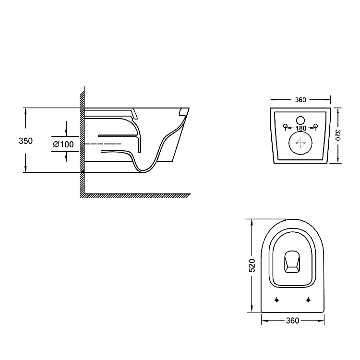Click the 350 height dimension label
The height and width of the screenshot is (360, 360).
pyautogui.click(x=26, y=141)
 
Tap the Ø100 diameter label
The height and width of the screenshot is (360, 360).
pyautogui.click(x=63, y=144)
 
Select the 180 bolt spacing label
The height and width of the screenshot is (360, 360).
pyautogui.click(x=301, y=128)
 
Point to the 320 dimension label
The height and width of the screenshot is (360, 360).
pyautogui.click(x=337, y=135)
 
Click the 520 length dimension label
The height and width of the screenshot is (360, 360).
pyautogui.click(x=252, y=265)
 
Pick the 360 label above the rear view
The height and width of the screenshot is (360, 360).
pyautogui.click(x=300, y=100)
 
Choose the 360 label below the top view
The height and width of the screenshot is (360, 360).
pyautogui.click(x=293, y=321)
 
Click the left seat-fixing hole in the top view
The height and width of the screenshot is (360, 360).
pyautogui.click(x=276, y=300)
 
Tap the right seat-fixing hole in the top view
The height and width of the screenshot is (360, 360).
pyautogui.click(x=308, y=300)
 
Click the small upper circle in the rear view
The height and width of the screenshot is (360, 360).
pyautogui.click(x=300, y=120)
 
